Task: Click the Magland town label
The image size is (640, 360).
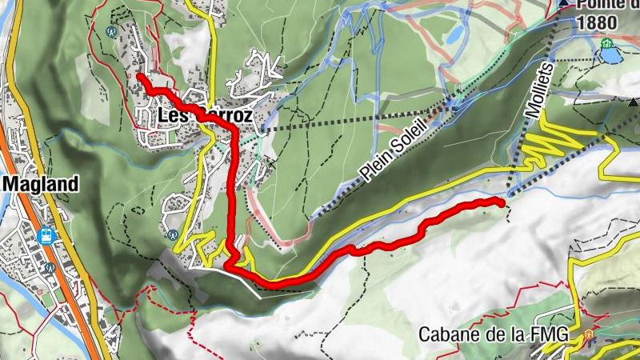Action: pyautogui.click(x=41, y=184)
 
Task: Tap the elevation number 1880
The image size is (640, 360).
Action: pyautogui.click(x=595, y=23)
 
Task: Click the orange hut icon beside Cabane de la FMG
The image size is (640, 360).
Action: pyautogui.click(x=590, y=334)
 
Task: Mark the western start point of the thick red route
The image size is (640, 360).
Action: pyautogui.click(x=140, y=76)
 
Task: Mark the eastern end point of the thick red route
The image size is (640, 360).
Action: pyautogui.click(x=502, y=202)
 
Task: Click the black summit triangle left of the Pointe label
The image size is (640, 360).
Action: pyautogui.click(x=565, y=3)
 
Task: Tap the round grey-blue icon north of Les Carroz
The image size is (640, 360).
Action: pyautogui.click(x=111, y=32)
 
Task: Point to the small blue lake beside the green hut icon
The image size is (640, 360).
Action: pyautogui.click(x=612, y=58)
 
